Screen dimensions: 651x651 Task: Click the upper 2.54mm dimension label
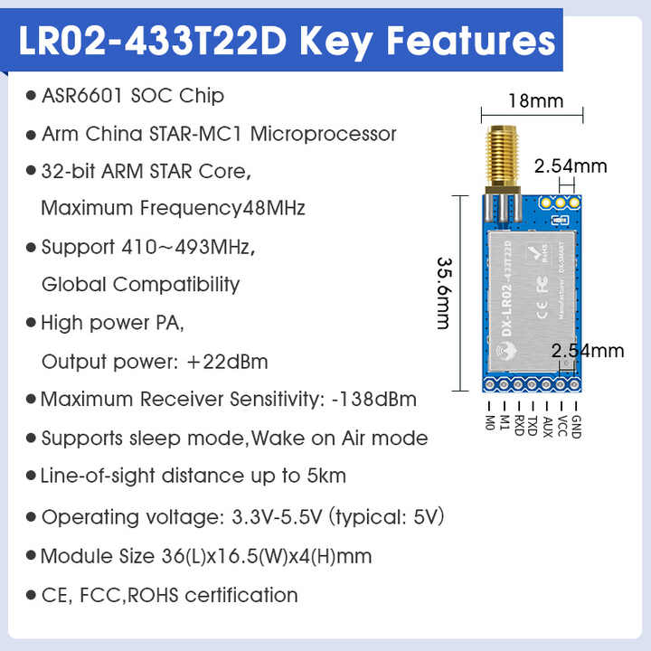coord(571,166)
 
